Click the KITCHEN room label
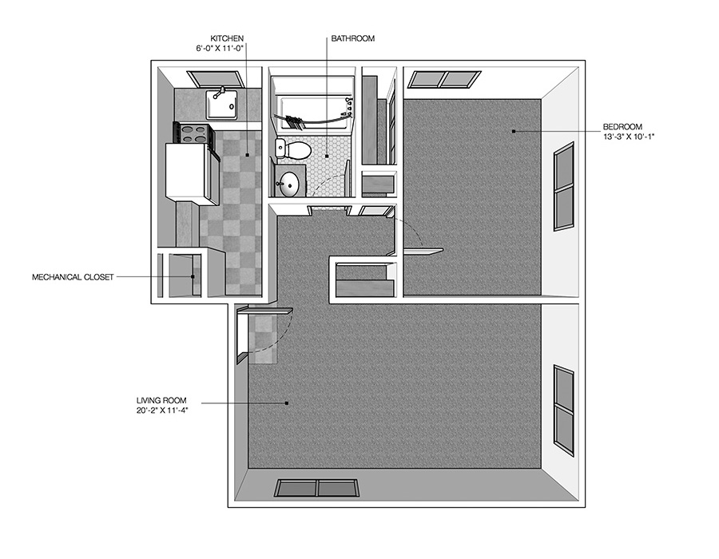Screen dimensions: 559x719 click(227, 38)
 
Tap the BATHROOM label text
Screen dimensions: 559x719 click(352, 38)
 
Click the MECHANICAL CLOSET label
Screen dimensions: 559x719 click(73, 277)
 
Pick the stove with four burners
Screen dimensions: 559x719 click(193, 133)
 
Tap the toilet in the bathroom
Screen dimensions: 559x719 click(294, 149)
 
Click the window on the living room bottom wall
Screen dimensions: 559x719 click(319, 489)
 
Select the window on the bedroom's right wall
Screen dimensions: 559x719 click(564, 187)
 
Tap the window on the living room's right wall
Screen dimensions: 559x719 click(563, 410)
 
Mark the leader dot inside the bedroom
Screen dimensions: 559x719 click(514, 131)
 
